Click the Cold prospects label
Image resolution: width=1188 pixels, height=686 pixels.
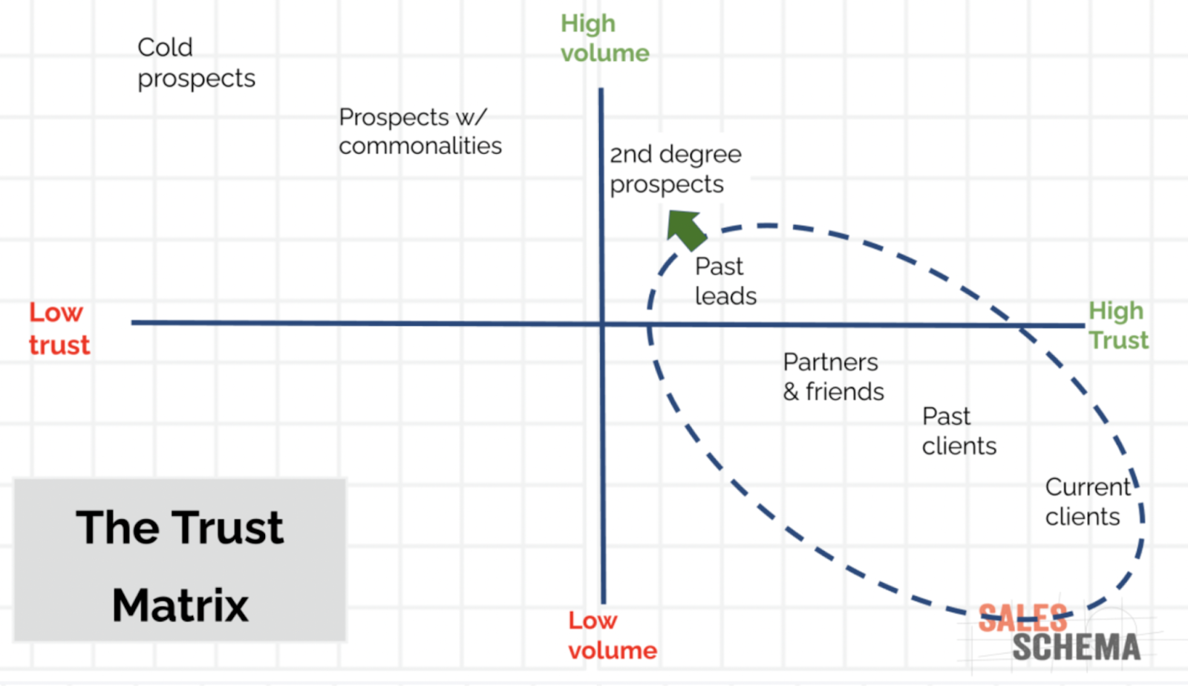(x=196, y=62)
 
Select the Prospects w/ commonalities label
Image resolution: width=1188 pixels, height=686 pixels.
(x=420, y=131)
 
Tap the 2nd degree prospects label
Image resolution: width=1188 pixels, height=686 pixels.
(x=675, y=169)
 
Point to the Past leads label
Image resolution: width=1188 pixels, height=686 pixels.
(x=725, y=281)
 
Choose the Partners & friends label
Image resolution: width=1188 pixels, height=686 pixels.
(x=833, y=377)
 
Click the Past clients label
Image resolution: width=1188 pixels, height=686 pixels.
(x=959, y=431)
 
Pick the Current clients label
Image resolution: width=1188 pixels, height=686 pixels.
(x=1086, y=502)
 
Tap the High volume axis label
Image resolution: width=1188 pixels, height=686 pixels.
(x=604, y=39)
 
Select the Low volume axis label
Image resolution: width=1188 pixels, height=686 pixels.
(x=612, y=636)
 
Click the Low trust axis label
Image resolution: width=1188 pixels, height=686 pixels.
(x=59, y=329)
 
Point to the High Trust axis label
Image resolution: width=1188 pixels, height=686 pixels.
(x=1118, y=325)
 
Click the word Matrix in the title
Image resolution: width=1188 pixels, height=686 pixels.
(x=180, y=605)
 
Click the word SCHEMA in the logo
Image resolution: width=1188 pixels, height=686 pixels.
(x=1076, y=647)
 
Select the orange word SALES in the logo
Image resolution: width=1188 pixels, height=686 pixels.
(x=1022, y=618)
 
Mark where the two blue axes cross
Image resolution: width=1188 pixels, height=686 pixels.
(x=602, y=324)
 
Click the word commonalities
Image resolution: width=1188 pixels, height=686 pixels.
(x=420, y=146)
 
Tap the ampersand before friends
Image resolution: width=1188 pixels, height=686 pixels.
(x=791, y=392)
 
